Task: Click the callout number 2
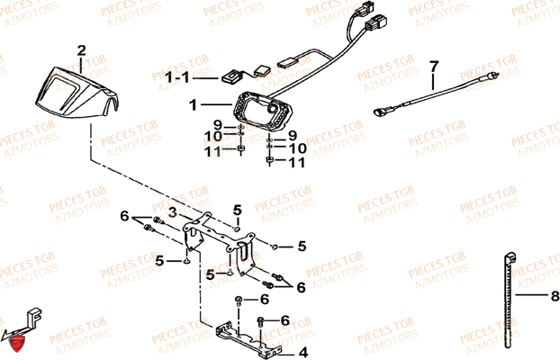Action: [x=81, y=50]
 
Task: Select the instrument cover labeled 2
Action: [x=77, y=93]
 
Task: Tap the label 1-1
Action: [x=177, y=77]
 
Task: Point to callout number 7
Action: [x=433, y=67]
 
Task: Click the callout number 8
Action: [x=555, y=296]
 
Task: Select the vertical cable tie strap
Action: [x=510, y=301]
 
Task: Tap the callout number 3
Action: [x=173, y=212]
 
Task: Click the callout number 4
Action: [x=303, y=353]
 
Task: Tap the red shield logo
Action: [x=17, y=345]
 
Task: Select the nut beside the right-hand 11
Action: [x=270, y=160]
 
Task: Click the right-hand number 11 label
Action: [x=297, y=163]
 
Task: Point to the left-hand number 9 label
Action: [x=218, y=125]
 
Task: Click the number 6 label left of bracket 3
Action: [x=124, y=216]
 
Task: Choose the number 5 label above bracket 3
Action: [x=238, y=211]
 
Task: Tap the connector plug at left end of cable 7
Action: [x=380, y=112]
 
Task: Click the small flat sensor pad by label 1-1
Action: [x=230, y=76]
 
